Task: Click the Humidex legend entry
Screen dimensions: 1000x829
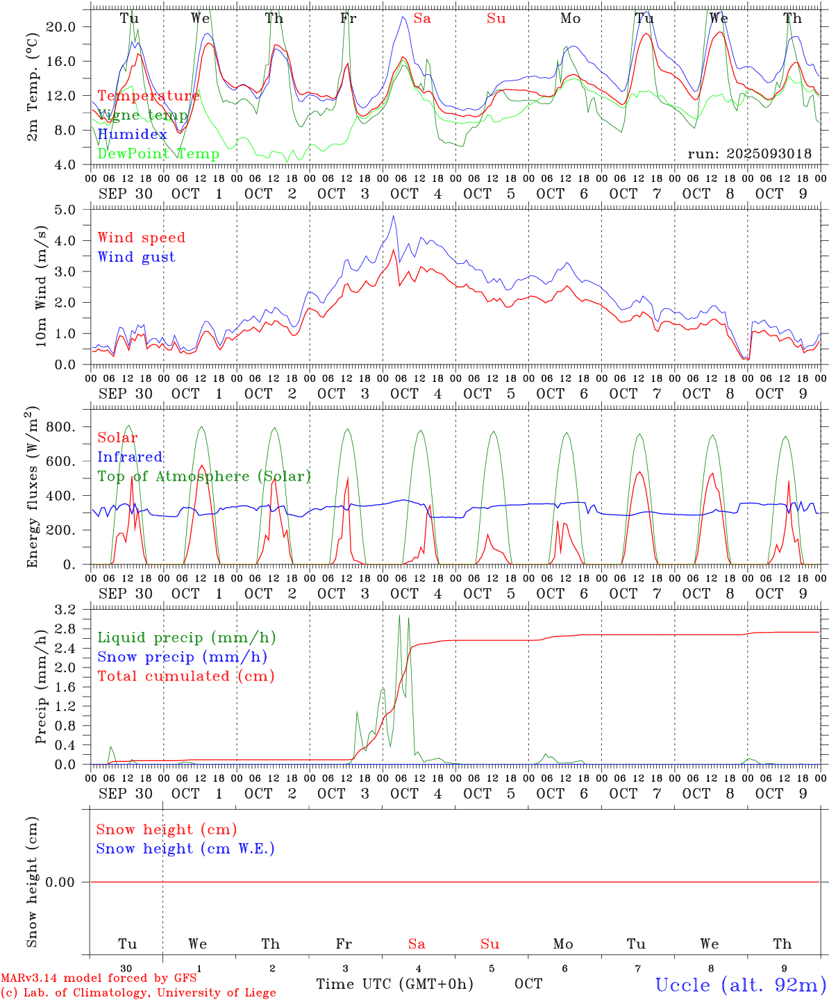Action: click(132, 134)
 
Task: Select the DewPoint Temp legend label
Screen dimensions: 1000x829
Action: click(158, 153)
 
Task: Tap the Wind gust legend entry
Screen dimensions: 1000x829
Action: click(136, 257)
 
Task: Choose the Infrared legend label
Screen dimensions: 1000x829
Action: click(130, 457)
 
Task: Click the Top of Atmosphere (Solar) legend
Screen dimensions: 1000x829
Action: click(203, 476)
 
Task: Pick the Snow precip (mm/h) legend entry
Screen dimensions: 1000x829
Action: click(182, 657)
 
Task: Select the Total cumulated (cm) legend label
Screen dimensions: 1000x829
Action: click(185, 676)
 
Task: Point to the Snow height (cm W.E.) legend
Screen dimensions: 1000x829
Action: click(185, 849)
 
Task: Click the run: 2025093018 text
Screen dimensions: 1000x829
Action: click(749, 154)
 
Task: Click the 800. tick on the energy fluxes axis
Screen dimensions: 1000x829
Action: click(60, 427)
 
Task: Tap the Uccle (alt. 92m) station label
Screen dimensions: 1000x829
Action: click(741, 985)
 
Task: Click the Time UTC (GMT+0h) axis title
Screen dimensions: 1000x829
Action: click(394, 984)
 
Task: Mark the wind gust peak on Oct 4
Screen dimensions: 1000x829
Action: click(394, 215)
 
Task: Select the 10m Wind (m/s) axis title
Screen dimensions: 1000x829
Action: click(42, 285)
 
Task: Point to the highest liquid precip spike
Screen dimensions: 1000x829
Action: click(399, 615)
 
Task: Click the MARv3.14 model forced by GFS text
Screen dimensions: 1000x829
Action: click(99, 978)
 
